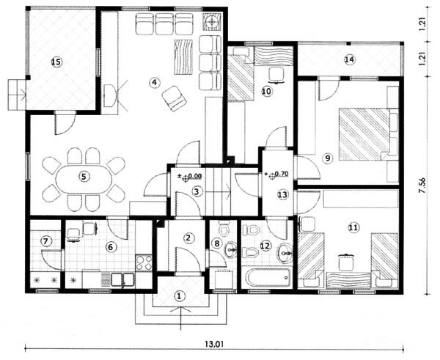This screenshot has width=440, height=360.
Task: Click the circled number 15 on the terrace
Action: [x=56, y=62]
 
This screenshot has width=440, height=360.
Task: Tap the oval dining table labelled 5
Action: [x=84, y=177]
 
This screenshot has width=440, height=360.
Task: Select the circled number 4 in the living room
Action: [x=154, y=82]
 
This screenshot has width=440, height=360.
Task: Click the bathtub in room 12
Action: [x=268, y=278]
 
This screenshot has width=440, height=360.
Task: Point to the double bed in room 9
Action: [x=364, y=133]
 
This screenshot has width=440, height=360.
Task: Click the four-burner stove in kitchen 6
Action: [x=144, y=262]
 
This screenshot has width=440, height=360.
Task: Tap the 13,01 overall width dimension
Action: [x=214, y=344]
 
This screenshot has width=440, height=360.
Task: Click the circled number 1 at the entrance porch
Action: [x=180, y=295]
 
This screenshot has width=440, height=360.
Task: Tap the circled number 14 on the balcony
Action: [x=350, y=59]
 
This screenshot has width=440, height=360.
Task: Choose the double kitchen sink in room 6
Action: [x=122, y=279]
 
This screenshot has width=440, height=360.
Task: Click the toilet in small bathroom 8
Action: [x=224, y=229]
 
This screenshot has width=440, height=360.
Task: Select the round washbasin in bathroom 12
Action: [x=285, y=254]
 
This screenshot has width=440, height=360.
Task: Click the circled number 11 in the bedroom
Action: [x=353, y=227]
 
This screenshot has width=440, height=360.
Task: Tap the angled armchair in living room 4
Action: [x=174, y=98]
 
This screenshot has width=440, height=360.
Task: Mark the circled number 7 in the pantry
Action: [x=46, y=240]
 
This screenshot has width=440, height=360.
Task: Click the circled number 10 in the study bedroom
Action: [x=267, y=91]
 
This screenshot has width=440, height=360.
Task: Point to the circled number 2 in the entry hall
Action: [x=188, y=238]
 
